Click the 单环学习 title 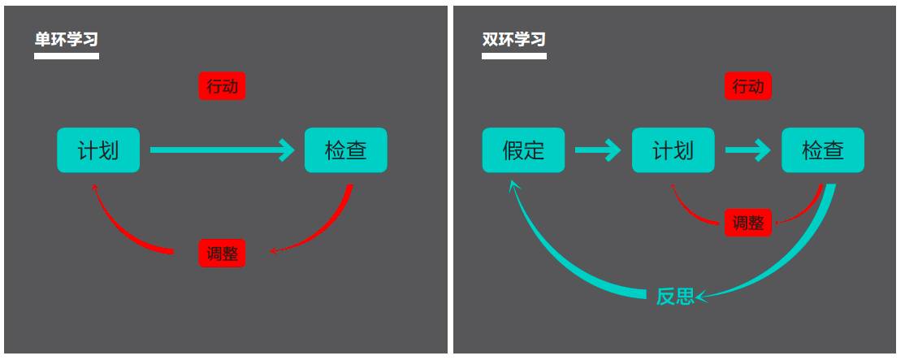pyautogui.click(x=67, y=39)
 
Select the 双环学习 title pyautogui.click(x=513, y=39)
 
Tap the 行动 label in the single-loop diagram pyautogui.click(x=222, y=86)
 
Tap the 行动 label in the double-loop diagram pyautogui.click(x=747, y=86)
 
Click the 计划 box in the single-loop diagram pyautogui.click(x=98, y=150)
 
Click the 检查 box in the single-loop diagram pyautogui.click(x=345, y=150)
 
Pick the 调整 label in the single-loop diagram pyautogui.click(x=222, y=253)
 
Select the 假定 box pyautogui.click(x=523, y=150)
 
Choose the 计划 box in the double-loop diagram pyautogui.click(x=673, y=150)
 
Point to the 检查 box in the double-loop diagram pyautogui.click(x=822, y=150)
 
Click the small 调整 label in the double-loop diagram pyautogui.click(x=747, y=223)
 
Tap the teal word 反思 pyautogui.click(x=675, y=297)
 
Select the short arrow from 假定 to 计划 pyautogui.click(x=597, y=150)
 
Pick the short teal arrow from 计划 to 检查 pyautogui.click(x=747, y=150)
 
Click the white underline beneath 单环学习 pyautogui.click(x=67, y=56)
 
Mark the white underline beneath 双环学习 pyautogui.click(x=513, y=56)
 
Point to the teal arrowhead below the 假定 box pyautogui.click(x=513, y=187)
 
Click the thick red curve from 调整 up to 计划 pyautogui.click(x=122, y=230)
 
